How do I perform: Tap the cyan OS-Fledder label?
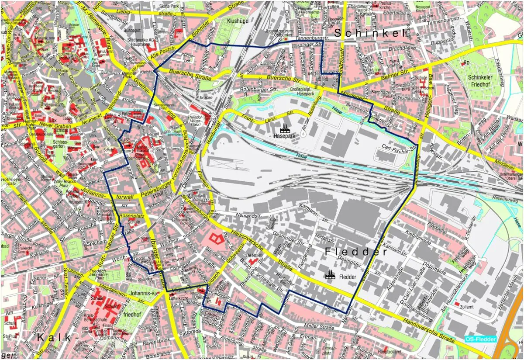click(480, 339)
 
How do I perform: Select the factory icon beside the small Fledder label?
click(330, 274)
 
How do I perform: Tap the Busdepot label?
click(133, 31)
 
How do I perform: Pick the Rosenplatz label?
click(131, 216)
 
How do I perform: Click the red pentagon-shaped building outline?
click(214, 238)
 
